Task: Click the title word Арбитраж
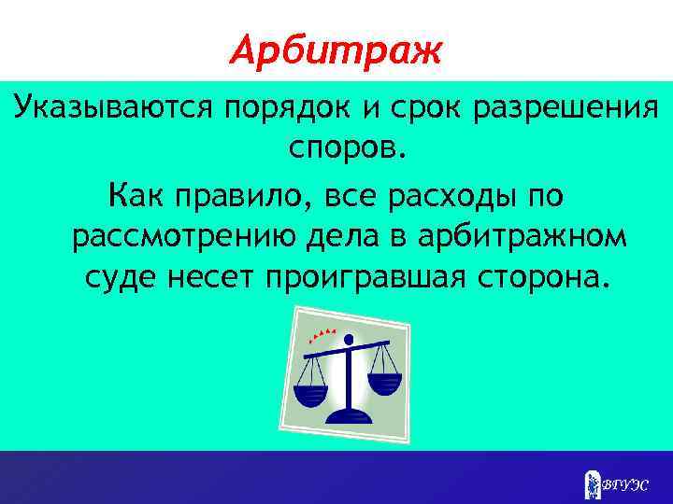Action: point(336,48)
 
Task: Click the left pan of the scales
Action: point(312,383)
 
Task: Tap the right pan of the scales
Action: point(383,380)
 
